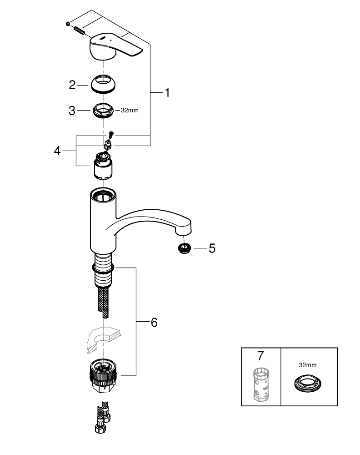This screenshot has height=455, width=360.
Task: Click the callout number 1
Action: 167,92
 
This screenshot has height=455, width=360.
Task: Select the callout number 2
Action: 72,85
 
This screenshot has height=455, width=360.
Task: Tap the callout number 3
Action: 72,110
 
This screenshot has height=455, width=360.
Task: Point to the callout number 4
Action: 57,151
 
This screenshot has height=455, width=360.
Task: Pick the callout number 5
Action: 212,248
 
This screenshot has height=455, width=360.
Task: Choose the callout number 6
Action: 154,322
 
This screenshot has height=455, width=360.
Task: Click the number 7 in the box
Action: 260,354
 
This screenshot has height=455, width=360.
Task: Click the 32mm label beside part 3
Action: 129,111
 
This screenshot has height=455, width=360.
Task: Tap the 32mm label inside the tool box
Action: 307,364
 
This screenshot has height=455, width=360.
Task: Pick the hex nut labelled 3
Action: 103,110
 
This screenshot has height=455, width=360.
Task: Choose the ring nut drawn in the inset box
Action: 307,382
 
